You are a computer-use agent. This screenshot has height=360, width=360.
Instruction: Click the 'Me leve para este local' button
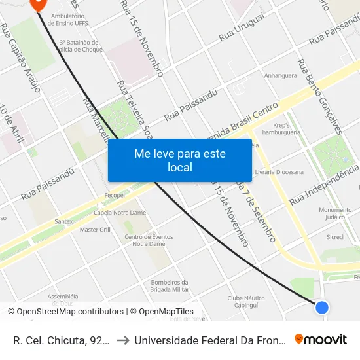(179, 160)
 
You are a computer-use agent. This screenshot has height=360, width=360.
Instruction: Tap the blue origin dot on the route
(321, 307)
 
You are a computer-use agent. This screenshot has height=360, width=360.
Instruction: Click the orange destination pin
(38, 3)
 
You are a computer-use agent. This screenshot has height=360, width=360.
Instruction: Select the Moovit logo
(321, 340)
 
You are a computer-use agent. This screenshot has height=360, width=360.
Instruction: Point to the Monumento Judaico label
(336, 213)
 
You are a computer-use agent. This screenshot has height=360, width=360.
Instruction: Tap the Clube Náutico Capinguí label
(246, 301)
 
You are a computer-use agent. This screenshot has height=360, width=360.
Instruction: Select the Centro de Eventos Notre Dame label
(148, 240)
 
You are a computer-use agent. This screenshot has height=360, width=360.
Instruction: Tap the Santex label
(63, 221)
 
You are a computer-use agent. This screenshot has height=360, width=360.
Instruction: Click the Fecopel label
(115, 195)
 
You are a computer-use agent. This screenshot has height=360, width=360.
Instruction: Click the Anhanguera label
(281, 75)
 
